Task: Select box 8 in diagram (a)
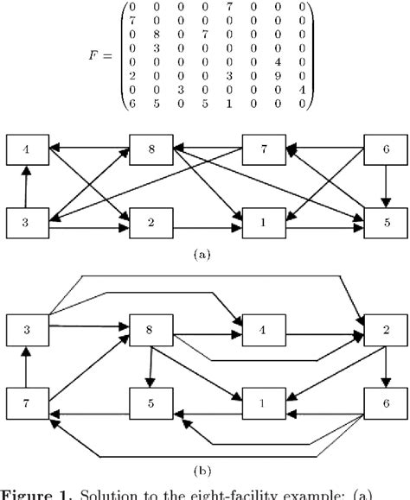(x=152, y=149)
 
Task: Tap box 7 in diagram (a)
(x=264, y=149)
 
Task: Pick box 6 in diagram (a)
(x=384, y=149)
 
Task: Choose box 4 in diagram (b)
(x=264, y=330)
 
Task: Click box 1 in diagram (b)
(x=264, y=402)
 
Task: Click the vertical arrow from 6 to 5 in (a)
(x=384, y=186)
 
